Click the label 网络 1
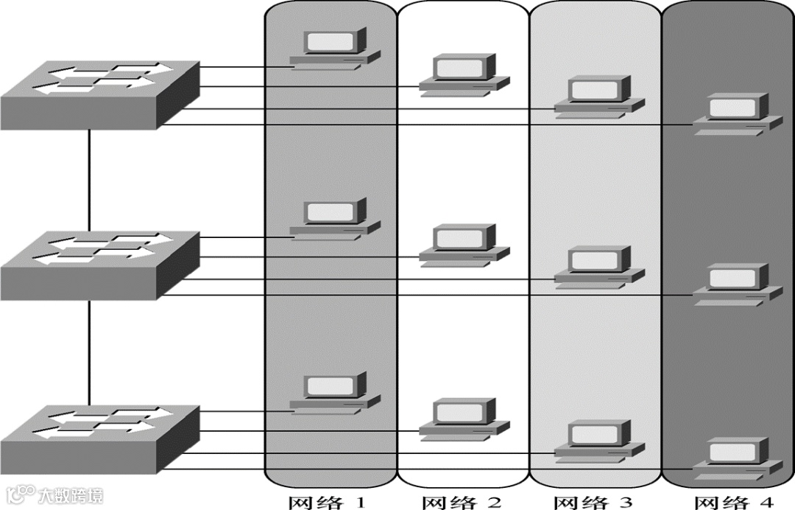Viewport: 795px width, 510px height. (x=326, y=503)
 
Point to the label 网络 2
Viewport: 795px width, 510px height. (x=462, y=503)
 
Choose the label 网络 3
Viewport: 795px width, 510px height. (x=593, y=503)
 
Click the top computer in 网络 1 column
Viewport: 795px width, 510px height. (x=335, y=47)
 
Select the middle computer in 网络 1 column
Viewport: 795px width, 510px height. (x=335, y=218)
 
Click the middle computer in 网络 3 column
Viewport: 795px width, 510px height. (x=598, y=266)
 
